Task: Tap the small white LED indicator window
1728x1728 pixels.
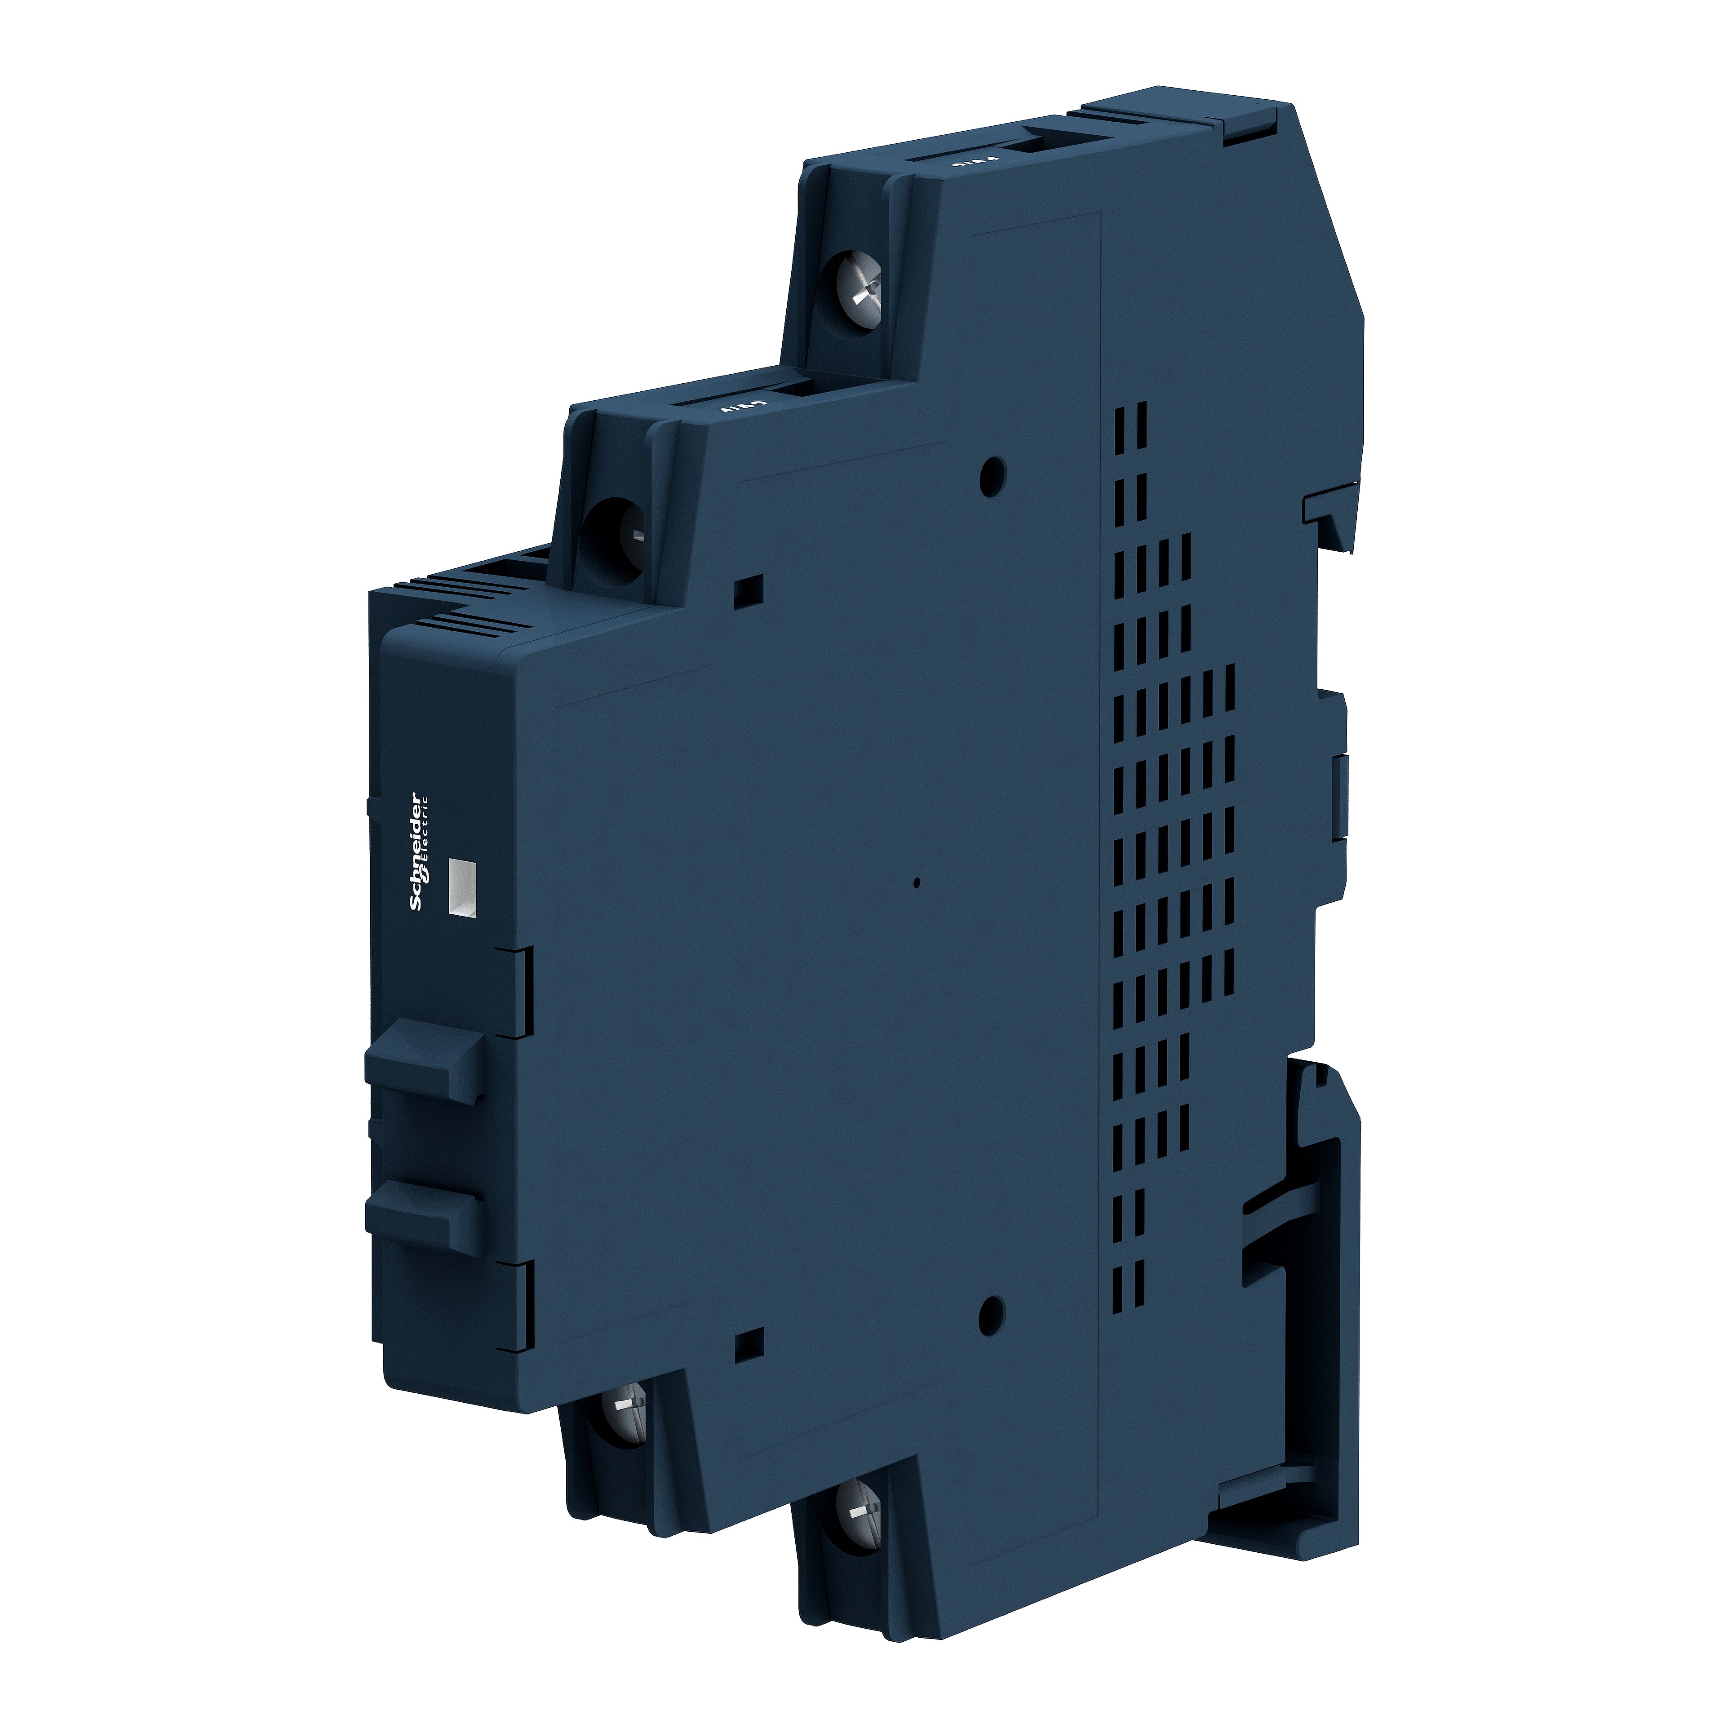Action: (461, 888)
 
